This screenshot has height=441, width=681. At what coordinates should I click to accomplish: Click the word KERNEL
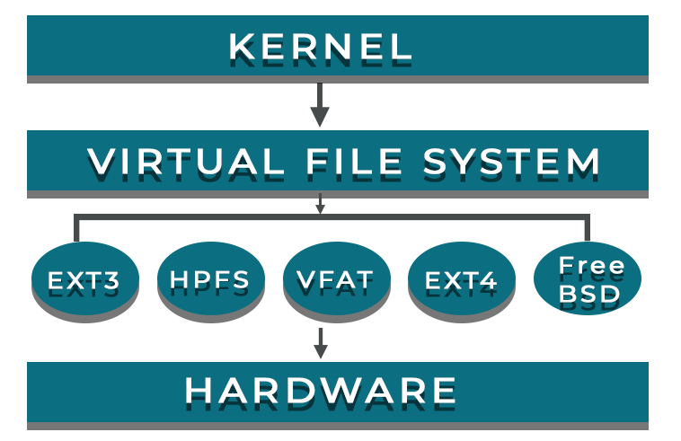(320, 46)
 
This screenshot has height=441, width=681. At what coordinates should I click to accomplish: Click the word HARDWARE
(321, 391)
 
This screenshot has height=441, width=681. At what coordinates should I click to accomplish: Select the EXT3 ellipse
(84, 282)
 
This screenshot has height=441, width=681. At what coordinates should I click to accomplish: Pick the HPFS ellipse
(209, 281)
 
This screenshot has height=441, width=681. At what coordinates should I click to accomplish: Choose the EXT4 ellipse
(462, 282)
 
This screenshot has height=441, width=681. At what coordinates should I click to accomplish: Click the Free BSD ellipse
(588, 280)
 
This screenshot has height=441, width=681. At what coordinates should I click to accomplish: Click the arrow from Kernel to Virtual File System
(320, 105)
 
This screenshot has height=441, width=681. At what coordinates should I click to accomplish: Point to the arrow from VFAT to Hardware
(320, 340)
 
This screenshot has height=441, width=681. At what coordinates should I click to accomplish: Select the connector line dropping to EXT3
(77, 230)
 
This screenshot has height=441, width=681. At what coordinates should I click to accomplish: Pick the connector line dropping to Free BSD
(588, 230)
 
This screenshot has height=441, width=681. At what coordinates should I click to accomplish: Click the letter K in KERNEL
(241, 46)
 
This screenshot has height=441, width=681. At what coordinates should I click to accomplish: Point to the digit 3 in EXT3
(110, 282)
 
